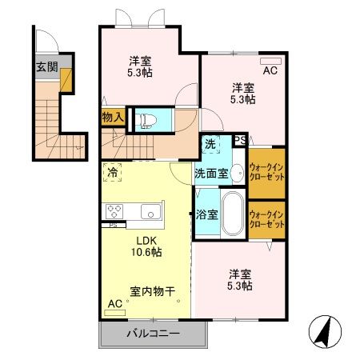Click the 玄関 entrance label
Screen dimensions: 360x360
46,66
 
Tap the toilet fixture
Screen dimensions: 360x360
146,119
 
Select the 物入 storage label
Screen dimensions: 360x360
113,118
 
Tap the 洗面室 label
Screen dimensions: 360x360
211,172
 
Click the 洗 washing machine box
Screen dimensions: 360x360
210,145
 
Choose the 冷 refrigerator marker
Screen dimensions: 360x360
113,171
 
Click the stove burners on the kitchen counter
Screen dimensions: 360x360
114,212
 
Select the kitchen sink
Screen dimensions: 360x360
150,212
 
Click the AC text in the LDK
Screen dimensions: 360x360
114,305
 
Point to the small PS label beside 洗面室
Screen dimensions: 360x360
239,141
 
